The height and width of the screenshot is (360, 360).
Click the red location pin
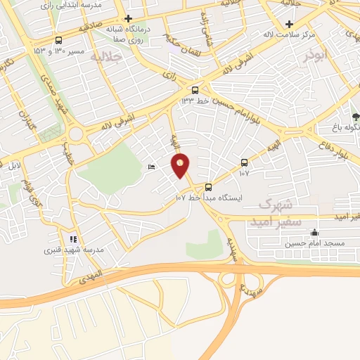pyautogui.click(x=181, y=165)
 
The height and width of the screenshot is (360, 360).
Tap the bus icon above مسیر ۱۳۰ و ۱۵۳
pyautogui.click(x=58, y=40)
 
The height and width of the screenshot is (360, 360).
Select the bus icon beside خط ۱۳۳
pyautogui.click(x=195, y=90)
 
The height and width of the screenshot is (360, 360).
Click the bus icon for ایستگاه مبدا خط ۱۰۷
pyautogui.click(x=208, y=187)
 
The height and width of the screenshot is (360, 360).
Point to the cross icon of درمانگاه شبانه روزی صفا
pyautogui.click(x=127, y=18)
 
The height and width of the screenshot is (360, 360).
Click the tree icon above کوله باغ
pyautogui.click(x=356, y=116)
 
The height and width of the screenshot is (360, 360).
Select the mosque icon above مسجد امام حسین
pyautogui.click(x=314, y=233)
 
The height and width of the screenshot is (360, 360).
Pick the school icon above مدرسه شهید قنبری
pyautogui.click(x=73, y=239)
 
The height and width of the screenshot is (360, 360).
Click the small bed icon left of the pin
pyautogui.click(x=153, y=167)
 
